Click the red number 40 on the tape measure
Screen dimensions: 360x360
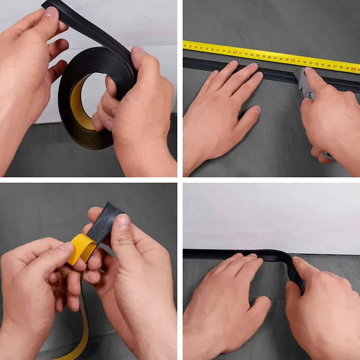pos(235,52)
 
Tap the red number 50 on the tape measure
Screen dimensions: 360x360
pos(293,61)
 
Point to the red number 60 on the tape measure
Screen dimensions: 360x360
pos(353,69)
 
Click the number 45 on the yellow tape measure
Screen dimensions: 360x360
pos(263,56)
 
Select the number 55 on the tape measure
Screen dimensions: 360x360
pos(323,65)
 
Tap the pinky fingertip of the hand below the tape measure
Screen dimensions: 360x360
pos(214,72)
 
